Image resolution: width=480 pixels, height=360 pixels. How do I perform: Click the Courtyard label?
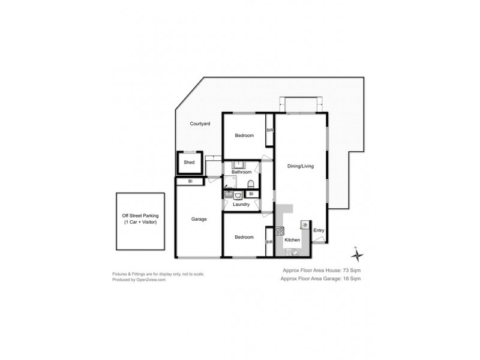(200, 124)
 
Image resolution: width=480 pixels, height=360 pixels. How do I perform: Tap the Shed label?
(189, 163)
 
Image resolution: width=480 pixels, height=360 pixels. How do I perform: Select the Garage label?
(199, 219)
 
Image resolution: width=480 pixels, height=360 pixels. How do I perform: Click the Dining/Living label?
(301, 166)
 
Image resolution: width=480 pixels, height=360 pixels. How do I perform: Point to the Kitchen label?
(292, 240)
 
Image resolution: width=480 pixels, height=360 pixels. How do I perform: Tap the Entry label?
(319, 230)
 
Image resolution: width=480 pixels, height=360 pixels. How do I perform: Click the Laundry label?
(241, 205)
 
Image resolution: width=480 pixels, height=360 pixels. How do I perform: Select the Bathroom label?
(241, 172)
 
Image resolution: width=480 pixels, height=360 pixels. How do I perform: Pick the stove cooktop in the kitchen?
(280, 231)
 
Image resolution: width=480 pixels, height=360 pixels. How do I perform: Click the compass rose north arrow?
(357, 254)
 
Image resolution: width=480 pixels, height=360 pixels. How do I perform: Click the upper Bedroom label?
(244, 136)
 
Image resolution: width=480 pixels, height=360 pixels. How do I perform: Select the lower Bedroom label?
(244, 237)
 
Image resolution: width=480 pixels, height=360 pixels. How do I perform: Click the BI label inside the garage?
(190, 181)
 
